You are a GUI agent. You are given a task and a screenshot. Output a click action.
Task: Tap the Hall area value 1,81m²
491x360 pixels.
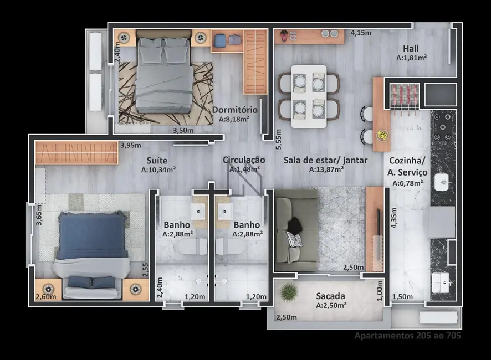[x=411, y=58]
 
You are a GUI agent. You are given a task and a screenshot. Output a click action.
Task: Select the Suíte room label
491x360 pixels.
[x=158, y=160]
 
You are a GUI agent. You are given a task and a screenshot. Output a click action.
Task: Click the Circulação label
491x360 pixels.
[x=244, y=160]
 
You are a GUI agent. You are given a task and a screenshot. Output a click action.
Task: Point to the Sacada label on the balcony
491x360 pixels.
[x=330, y=296]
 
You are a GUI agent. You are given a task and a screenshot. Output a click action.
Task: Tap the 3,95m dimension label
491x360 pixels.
[x=130, y=146]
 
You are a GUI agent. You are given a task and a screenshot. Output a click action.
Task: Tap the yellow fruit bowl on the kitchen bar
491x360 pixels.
[x=382, y=135]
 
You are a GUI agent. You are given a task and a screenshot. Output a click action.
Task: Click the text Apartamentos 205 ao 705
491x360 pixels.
[x=407, y=335]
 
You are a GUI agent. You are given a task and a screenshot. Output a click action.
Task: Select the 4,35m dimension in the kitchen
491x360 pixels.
[x=393, y=219]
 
